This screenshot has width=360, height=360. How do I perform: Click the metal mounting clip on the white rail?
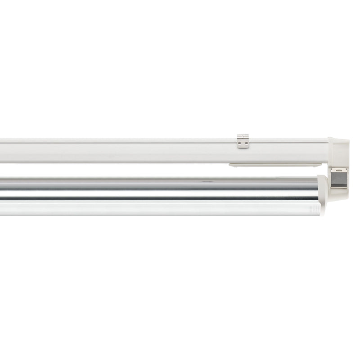coord(243,141)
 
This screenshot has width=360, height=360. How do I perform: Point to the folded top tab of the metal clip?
coord(243,135)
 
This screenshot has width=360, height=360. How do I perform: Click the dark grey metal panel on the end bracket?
coord(340,179)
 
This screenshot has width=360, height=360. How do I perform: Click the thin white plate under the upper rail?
coord(274,165)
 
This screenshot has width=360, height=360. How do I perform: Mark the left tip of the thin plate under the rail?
coord(229,165)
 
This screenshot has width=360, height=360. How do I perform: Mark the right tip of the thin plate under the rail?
coord(320,165)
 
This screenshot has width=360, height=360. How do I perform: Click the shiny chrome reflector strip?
coord(157,189)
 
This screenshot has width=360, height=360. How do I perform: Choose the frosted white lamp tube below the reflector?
coord(157,207)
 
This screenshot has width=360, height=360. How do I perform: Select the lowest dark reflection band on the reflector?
coord(157,198)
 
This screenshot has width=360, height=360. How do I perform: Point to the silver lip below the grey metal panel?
coord(339,187)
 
